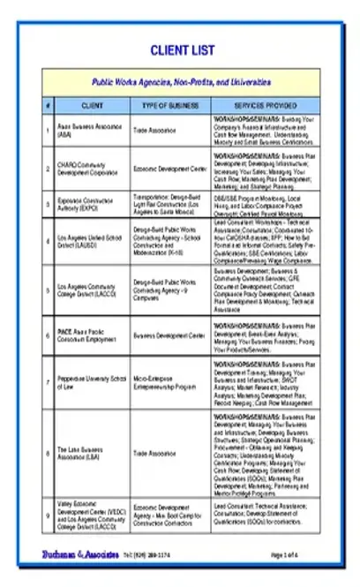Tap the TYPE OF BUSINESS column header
click(x=169, y=105)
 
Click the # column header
click(x=48, y=105)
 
